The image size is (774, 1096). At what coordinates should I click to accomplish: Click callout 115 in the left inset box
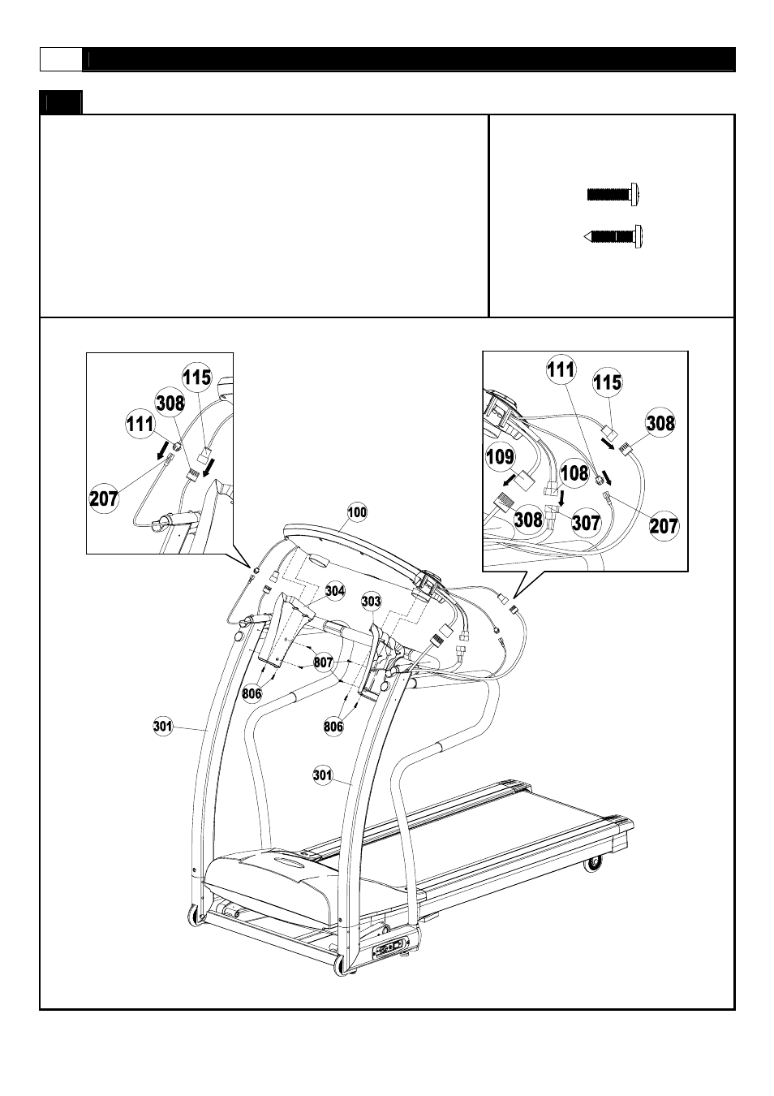tap(196, 378)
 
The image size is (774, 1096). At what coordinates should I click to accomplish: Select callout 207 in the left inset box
tap(104, 497)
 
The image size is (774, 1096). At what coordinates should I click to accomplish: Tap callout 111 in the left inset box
tap(139, 424)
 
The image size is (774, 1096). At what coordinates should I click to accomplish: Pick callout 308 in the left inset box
tap(170, 402)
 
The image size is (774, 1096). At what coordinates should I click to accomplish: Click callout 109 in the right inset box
tap(500, 456)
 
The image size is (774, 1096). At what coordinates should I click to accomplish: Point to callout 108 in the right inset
tap(574, 472)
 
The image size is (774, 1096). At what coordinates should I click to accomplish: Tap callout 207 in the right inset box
tap(664, 525)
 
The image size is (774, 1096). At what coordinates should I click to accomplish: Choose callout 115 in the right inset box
tap(607, 382)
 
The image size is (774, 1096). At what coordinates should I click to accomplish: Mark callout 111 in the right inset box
tap(561, 370)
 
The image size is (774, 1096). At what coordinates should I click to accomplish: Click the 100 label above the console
tap(357, 512)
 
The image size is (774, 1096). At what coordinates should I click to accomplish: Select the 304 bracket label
tap(335, 590)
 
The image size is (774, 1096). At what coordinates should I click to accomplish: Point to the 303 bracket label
tap(372, 601)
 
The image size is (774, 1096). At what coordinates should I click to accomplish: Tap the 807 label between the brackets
tap(324, 662)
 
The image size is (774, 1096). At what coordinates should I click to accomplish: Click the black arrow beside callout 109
tap(510, 480)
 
